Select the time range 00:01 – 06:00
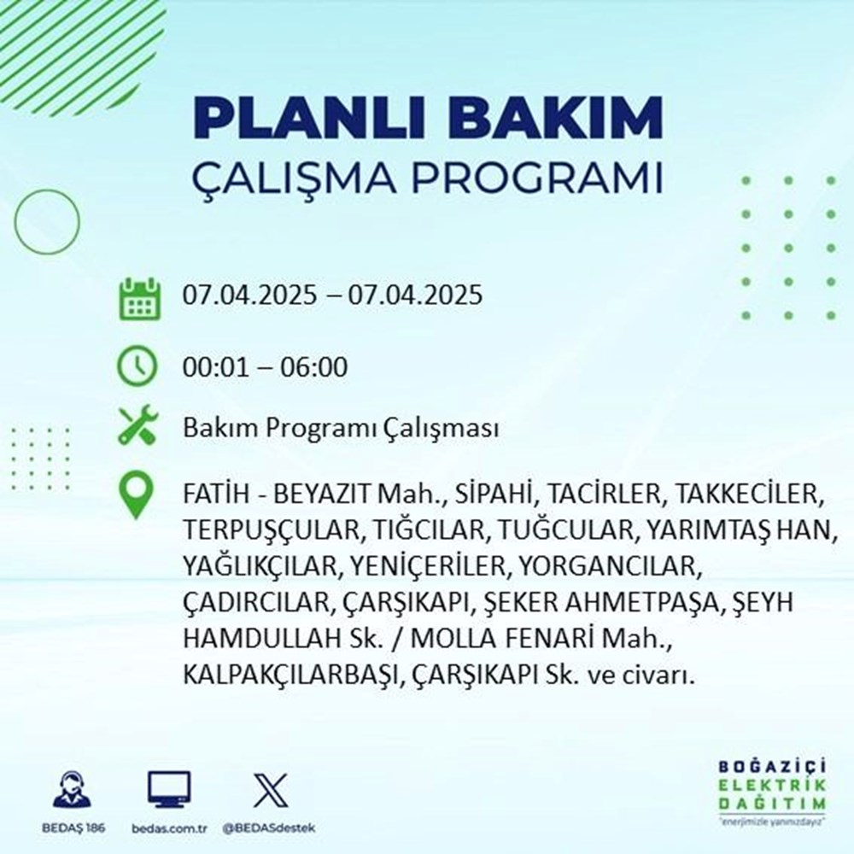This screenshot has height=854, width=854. [265, 368]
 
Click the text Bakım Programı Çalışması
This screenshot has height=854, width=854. [341, 430]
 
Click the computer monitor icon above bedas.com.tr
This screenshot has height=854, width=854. [169, 789]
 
